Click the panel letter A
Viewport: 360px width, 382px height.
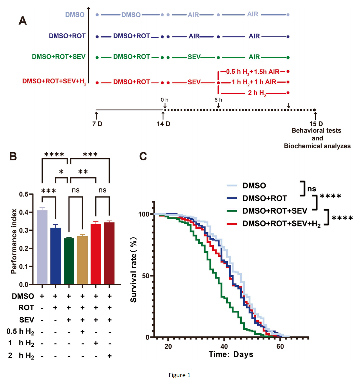click(23, 21)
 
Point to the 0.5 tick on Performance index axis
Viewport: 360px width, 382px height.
click(24, 194)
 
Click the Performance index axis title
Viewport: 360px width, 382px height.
click(14, 241)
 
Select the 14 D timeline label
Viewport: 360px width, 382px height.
click(163, 124)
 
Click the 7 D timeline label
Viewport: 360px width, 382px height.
click(97, 124)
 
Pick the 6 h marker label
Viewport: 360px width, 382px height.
click(218, 100)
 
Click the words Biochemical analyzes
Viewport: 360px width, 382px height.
click(317, 146)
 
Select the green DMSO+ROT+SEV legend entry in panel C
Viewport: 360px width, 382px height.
click(274, 211)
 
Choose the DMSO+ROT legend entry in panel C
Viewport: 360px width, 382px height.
click(264, 198)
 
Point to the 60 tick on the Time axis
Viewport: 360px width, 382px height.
click(280, 347)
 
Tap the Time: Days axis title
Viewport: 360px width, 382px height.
click(231, 354)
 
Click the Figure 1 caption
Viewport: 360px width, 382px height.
click(180, 375)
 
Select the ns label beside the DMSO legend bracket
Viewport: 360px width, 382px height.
click(311, 189)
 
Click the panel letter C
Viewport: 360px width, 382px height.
click(143, 156)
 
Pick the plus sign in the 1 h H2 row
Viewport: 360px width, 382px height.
click(96, 343)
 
